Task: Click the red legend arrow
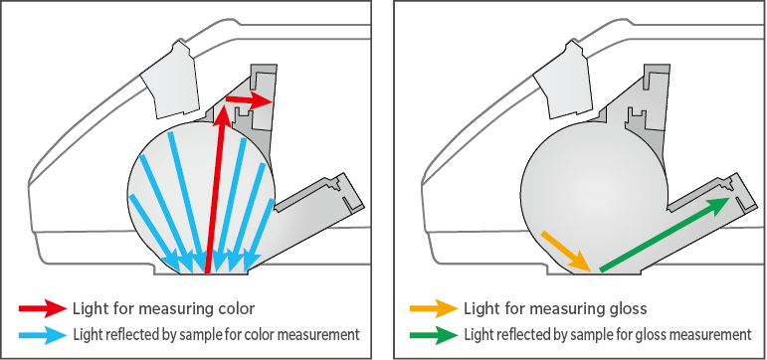point(43,308)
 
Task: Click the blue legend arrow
point(43,335)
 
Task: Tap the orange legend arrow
point(434,308)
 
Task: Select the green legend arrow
point(434,335)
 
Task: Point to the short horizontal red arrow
point(249,100)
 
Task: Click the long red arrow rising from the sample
point(215,189)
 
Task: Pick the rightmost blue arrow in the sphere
point(260,234)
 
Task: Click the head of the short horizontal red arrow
point(265,101)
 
